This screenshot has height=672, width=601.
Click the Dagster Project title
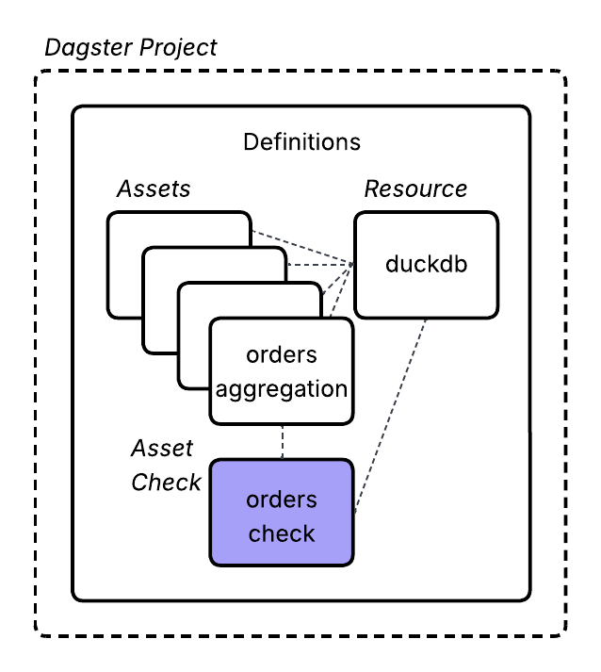[x=131, y=47]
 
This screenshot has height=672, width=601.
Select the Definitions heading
[x=301, y=142]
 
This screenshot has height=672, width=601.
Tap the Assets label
[x=154, y=188]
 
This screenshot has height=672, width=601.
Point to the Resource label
[x=415, y=188]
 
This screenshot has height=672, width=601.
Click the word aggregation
[x=282, y=388]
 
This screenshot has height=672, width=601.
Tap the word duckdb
[x=426, y=264]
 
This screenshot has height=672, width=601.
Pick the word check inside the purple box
[x=282, y=533]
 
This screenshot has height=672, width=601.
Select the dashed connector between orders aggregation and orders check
[x=283, y=440]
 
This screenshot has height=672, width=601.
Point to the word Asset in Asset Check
[x=162, y=448]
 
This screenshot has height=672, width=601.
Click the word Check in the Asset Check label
[x=167, y=482]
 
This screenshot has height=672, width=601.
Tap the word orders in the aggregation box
[x=282, y=354]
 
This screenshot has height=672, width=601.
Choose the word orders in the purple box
[x=282, y=500]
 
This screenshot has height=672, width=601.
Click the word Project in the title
[x=179, y=47]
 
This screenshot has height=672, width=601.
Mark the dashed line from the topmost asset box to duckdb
[x=301, y=247]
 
